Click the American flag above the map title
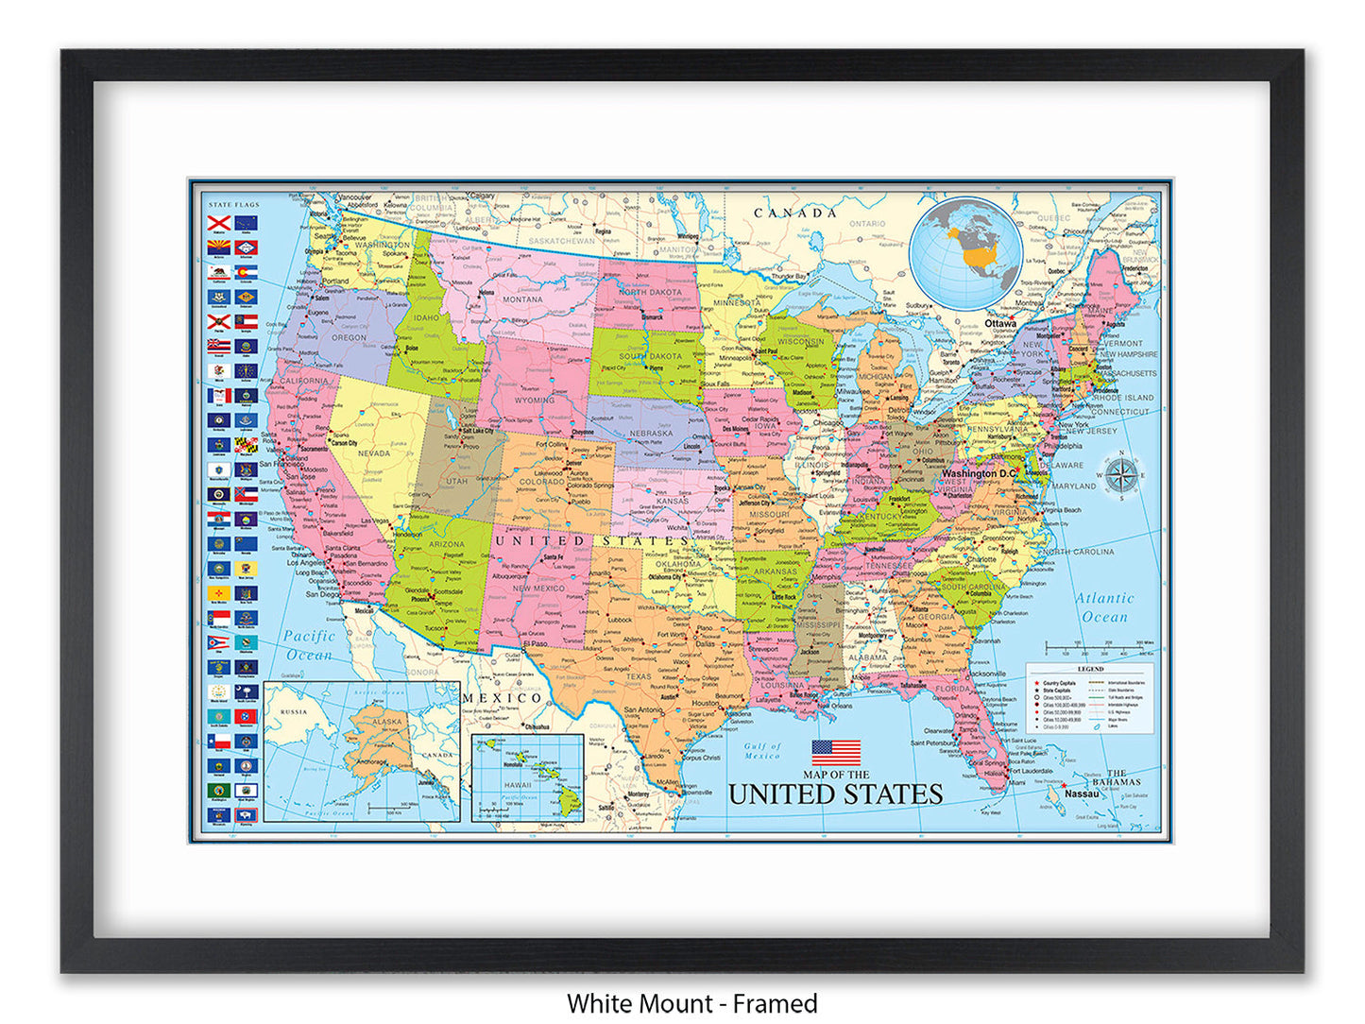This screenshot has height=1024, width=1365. point(836,753)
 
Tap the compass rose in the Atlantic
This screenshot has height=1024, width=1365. point(1121,475)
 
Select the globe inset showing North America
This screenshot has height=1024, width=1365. point(965,252)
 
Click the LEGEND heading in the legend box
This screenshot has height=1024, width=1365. point(1090,669)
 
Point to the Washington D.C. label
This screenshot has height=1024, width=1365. point(979,473)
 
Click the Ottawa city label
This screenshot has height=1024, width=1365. point(1000,323)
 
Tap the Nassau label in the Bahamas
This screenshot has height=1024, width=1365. point(1082,794)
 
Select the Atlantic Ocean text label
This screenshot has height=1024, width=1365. point(1104,607)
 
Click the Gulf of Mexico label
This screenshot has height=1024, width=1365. point(761,751)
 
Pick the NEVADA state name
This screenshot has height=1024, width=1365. point(374,453)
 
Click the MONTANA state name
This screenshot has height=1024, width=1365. point(522,299)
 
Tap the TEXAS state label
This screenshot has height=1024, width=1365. point(639,676)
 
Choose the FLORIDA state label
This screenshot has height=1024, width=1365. point(952,689)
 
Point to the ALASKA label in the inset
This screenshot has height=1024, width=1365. point(387,721)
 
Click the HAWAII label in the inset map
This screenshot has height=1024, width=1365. point(517,785)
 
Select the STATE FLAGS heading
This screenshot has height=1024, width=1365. point(233,205)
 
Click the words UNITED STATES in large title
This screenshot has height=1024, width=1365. point(835,794)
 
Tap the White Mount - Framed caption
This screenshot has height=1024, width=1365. point(691,1003)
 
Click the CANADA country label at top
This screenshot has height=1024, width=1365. point(794,213)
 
